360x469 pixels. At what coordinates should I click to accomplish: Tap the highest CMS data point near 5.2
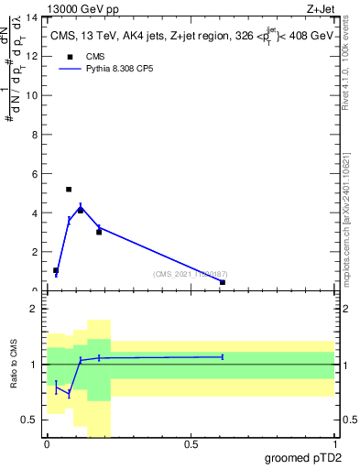point(69,190)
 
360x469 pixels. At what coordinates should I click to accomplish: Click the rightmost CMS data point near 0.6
point(223,282)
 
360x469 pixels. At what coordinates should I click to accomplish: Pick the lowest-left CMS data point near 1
point(56,271)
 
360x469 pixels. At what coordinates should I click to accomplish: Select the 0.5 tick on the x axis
point(191,444)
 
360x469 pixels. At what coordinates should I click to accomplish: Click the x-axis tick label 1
point(335,444)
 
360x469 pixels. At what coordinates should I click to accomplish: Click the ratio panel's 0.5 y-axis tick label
point(31,420)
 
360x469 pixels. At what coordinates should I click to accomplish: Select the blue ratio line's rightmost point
point(223,357)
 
